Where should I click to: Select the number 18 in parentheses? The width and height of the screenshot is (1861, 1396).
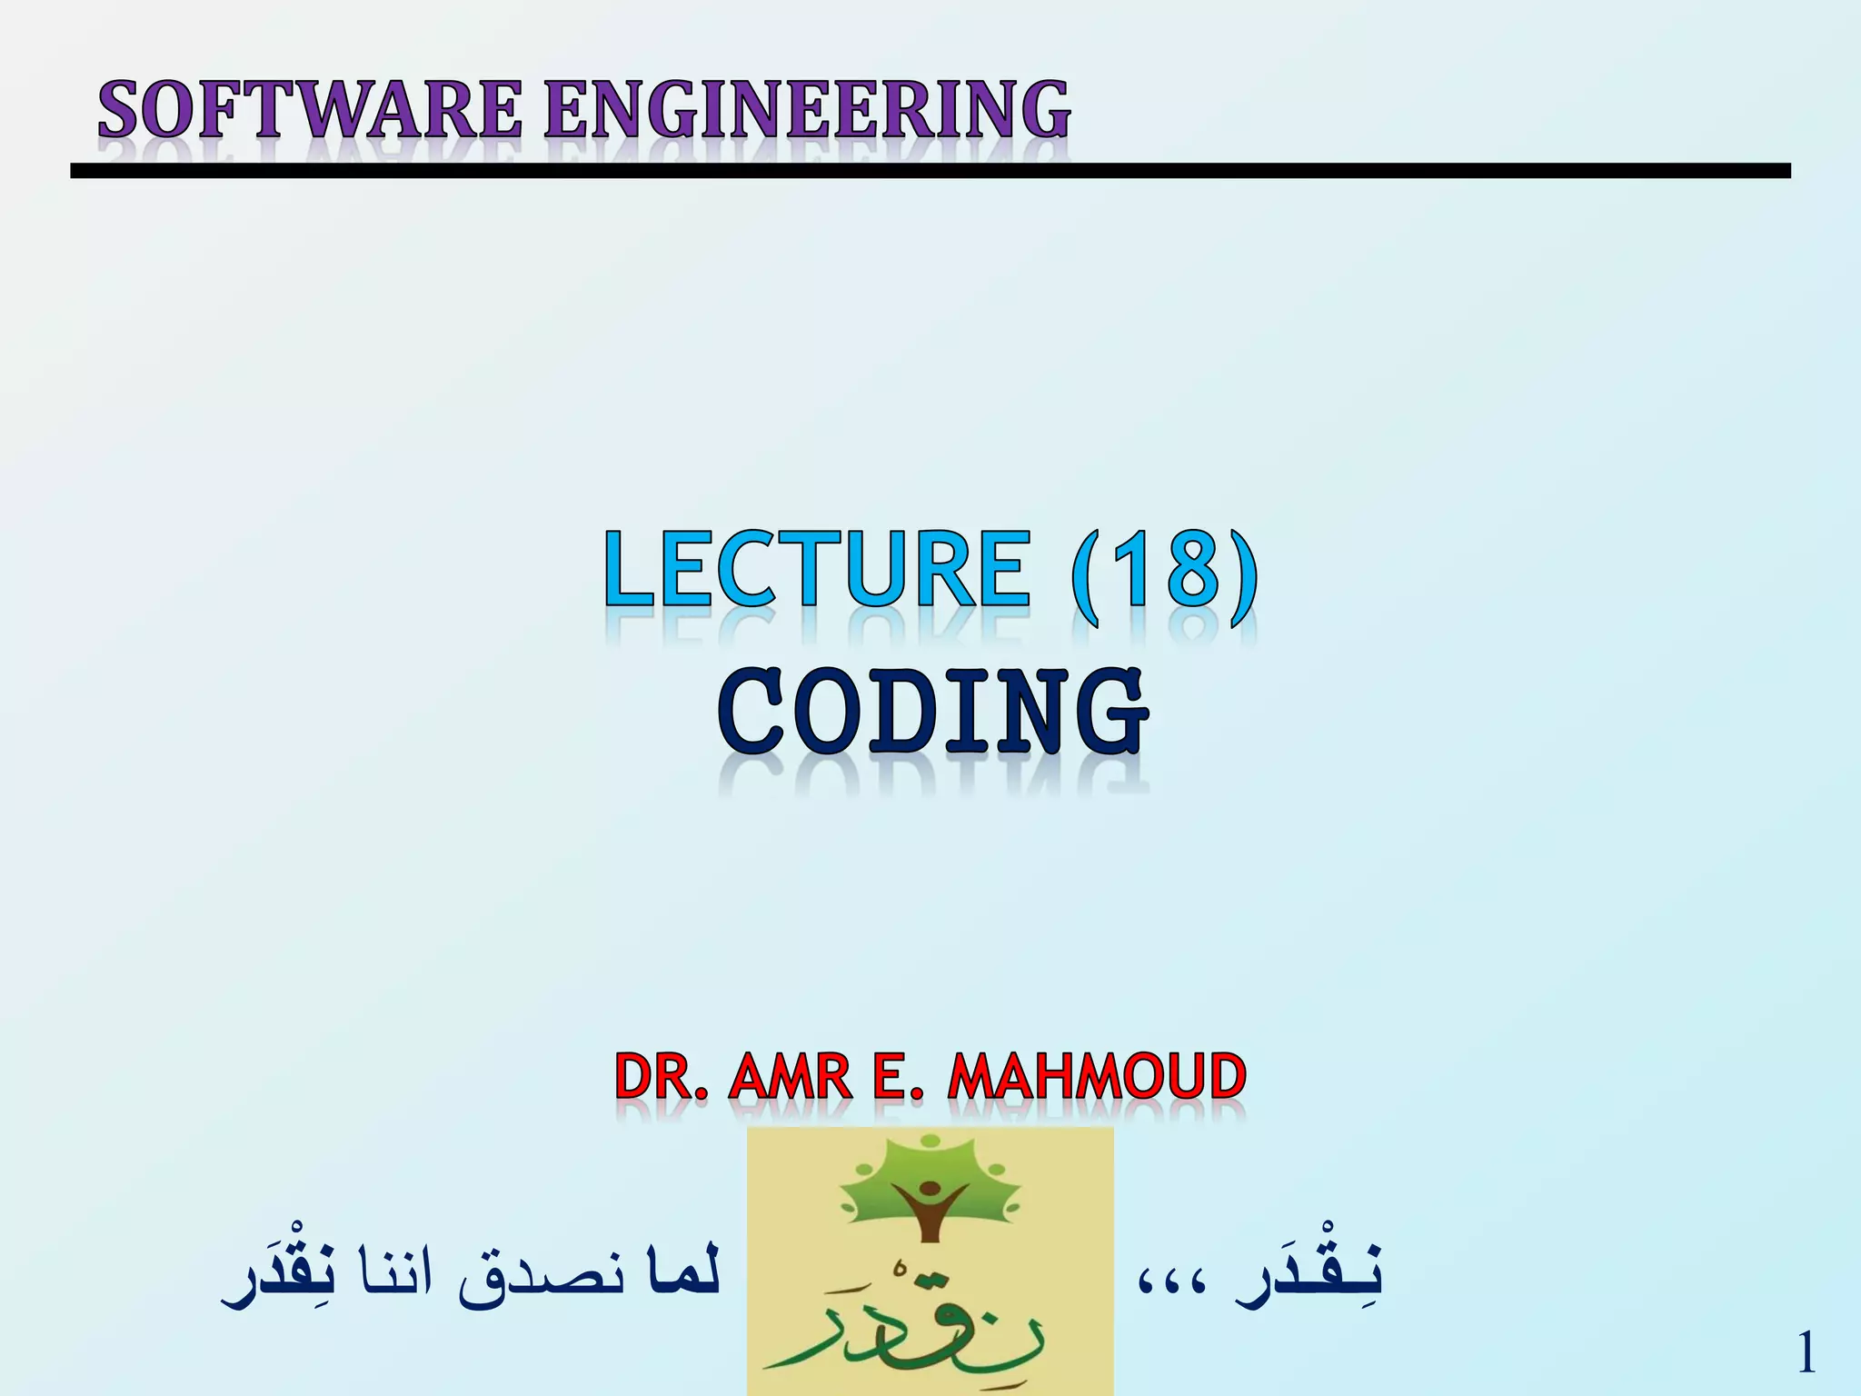click(x=1165, y=571)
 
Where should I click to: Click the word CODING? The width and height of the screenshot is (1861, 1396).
click(x=932, y=713)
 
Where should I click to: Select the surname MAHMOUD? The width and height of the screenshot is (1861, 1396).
click(x=1097, y=1077)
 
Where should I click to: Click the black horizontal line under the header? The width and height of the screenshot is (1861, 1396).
click(x=930, y=171)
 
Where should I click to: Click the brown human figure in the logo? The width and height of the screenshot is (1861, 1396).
click(x=930, y=1209)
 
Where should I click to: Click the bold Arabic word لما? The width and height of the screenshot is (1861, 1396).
click(x=682, y=1272)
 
